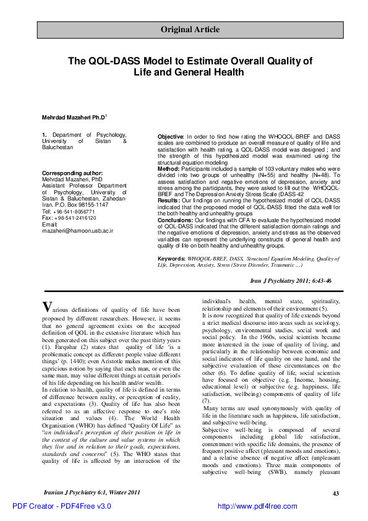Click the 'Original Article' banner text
point(189,29)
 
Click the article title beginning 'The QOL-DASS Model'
point(190,66)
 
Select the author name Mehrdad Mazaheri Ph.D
point(74,117)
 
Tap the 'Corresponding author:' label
point(72,173)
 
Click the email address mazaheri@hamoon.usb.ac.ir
point(77,230)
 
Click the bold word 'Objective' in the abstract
point(170,136)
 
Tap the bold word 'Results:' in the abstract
point(169,201)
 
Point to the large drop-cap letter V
point(47,307)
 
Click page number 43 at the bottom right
point(336,493)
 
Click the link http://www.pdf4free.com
point(257,506)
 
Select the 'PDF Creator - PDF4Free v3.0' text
point(62,506)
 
